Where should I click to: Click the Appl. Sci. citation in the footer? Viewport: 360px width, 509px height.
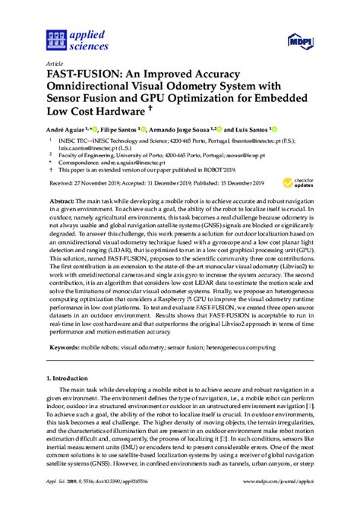point(57,503)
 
